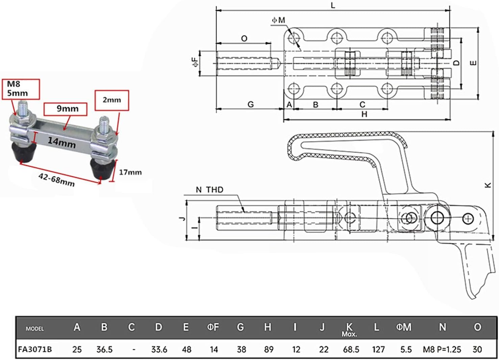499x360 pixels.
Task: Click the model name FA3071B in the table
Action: (x=35, y=349)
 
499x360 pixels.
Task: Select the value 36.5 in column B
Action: (x=104, y=349)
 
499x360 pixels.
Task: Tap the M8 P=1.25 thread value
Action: (x=442, y=349)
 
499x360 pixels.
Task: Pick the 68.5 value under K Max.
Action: (x=351, y=349)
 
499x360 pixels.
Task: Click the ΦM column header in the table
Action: (x=404, y=327)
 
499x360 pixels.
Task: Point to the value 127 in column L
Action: (x=378, y=349)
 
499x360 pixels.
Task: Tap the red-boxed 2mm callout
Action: (x=111, y=100)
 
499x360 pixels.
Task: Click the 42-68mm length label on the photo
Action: (x=56, y=179)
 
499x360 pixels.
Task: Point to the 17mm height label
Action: (x=130, y=172)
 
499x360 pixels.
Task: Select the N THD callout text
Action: (x=209, y=190)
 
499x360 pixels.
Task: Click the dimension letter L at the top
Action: (x=333, y=5)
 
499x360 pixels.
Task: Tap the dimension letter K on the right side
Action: (x=488, y=185)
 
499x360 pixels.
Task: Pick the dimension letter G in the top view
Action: (x=250, y=104)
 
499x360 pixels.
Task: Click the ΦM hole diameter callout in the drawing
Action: (x=279, y=20)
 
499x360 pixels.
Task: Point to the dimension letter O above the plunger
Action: (x=244, y=39)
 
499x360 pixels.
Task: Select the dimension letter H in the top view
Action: (x=364, y=114)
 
